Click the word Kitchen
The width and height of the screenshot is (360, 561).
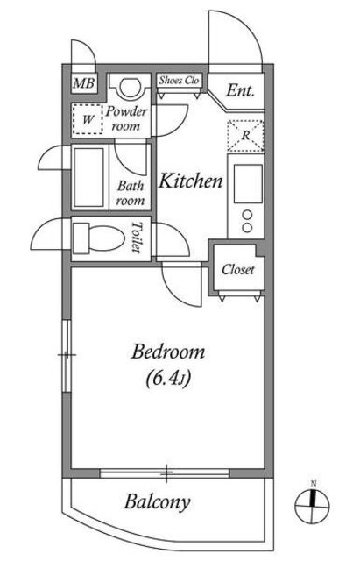point(191,181)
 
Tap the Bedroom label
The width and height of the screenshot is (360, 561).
point(168,352)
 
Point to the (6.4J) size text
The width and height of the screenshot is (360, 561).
point(167,379)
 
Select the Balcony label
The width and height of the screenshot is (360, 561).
point(157,502)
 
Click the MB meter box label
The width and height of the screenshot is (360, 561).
point(84,84)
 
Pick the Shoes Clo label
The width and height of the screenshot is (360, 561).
point(179,80)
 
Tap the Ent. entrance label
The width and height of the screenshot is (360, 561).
point(240,90)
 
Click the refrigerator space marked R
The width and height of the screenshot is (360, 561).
point(245,136)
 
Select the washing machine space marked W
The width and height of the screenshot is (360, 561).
point(88,119)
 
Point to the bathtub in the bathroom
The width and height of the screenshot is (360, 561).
point(89,177)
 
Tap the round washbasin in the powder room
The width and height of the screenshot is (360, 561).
point(129,88)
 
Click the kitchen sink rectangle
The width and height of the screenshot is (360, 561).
point(248,183)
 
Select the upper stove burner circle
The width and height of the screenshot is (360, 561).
point(247,215)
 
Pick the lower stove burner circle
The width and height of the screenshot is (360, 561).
point(247,228)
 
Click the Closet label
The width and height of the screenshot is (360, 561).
point(237,270)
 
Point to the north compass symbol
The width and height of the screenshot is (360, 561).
point(312,505)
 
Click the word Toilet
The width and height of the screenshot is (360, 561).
point(137,237)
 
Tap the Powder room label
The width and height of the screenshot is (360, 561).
point(126,118)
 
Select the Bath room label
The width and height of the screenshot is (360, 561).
point(131,193)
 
